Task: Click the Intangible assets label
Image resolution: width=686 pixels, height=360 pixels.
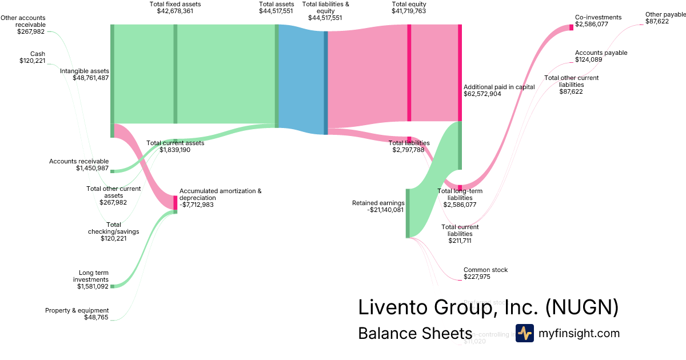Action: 84,71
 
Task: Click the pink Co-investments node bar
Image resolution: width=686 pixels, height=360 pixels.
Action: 571,27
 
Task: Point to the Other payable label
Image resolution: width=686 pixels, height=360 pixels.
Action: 665,14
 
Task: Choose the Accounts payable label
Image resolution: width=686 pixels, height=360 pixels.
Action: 601,53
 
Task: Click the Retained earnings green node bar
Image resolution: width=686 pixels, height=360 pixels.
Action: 408,213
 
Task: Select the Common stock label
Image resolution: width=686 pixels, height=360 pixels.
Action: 485,270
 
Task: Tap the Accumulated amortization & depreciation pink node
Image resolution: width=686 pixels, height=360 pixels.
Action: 176,202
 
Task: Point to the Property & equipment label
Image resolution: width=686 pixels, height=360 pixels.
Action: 77,310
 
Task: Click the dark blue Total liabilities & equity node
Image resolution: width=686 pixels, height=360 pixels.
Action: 326,83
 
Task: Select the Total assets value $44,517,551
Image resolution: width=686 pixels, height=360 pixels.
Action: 277,11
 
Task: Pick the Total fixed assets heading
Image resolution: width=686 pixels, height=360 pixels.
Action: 175,4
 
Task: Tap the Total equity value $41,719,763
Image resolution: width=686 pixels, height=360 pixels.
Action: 409,11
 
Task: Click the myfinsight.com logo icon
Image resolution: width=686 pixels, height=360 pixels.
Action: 524,333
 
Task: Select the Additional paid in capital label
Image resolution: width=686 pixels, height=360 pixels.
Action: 498,87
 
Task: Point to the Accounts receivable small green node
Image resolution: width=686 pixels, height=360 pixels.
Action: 112,171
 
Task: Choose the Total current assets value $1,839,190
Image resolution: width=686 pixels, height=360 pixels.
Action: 175,150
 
